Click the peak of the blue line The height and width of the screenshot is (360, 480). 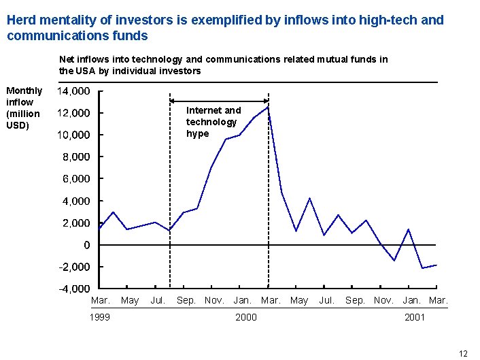point(269,107)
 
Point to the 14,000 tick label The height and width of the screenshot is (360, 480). point(73,91)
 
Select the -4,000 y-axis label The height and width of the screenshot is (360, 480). point(73,289)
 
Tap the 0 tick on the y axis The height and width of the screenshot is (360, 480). point(86,245)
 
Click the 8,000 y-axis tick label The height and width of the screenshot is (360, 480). point(75,157)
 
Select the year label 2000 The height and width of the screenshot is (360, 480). point(245,317)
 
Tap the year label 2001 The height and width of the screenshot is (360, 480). point(414,317)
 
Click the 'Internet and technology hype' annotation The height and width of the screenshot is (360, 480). point(212,122)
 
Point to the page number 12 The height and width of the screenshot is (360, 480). point(463,353)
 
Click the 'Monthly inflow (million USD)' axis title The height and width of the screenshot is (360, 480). point(24,108)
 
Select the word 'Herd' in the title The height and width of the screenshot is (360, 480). point(21,20)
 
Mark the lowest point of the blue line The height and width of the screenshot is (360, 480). point(423,268)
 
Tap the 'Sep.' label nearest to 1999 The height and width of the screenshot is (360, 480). point(186,300)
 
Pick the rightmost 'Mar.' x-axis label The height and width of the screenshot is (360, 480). point(439,300)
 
